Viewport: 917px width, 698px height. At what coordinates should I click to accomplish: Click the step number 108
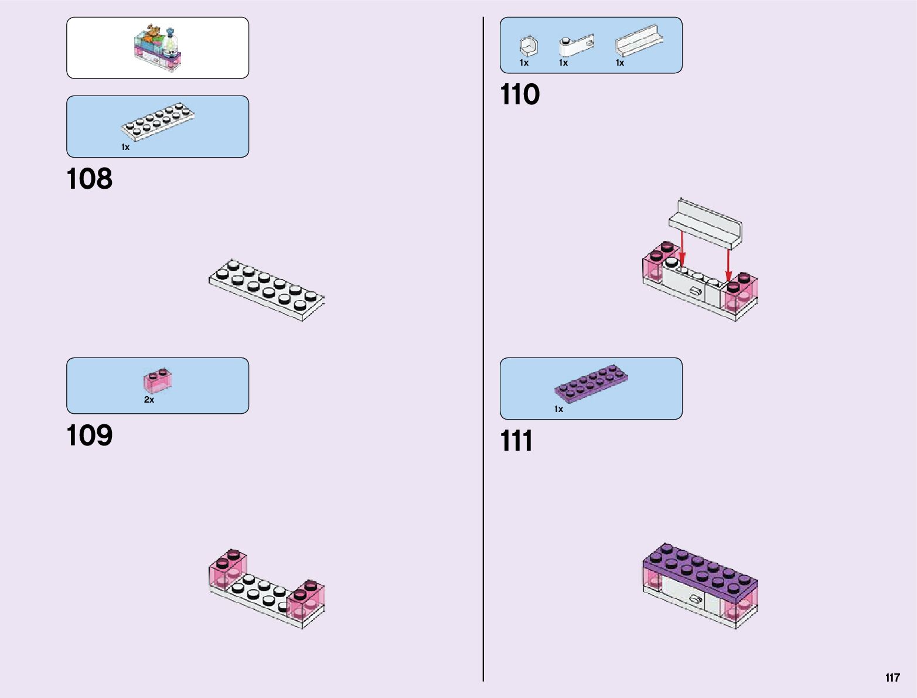(89, 179)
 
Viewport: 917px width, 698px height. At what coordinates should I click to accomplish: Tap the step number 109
(89, 435)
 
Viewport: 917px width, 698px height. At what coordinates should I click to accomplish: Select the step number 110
(520, 94)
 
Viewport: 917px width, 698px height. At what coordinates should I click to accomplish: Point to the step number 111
(516, 441)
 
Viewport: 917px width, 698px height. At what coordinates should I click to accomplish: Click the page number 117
(892, 677)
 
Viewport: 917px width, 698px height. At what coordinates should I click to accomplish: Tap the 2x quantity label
(149, 400)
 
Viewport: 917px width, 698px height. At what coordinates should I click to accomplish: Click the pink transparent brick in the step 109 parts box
(157, 381)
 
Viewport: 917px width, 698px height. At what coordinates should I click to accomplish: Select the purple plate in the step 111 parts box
(591, 384)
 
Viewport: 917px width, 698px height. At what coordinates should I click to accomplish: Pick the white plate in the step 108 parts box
(157, 121)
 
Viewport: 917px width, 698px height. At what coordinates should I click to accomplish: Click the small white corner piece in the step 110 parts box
(527, 46)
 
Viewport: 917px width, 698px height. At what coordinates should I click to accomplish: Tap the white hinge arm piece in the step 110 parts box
(576, 46)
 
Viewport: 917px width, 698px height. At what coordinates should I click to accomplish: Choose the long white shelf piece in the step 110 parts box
(639, 41)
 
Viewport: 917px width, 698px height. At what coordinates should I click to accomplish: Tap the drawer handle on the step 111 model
(696, 599)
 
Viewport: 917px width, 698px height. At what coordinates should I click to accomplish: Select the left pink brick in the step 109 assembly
(227, 570)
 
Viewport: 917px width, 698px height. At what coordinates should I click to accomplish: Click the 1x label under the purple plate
(558, 409)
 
